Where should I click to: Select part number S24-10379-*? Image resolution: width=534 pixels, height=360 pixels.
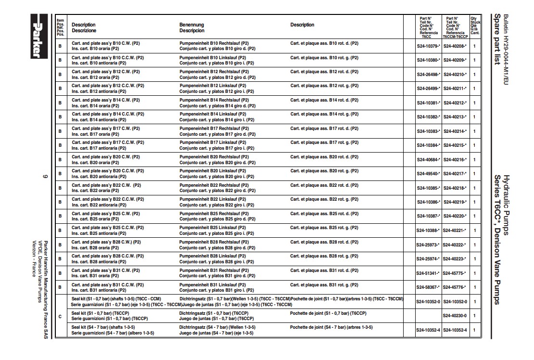[428, 46]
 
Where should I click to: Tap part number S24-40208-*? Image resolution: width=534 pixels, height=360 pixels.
[455, 46]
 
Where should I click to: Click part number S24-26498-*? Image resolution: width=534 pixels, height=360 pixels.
[428, 75]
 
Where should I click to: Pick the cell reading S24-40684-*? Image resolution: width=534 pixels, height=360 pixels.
[428, 159]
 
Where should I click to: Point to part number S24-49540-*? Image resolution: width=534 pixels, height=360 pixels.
[428, 174]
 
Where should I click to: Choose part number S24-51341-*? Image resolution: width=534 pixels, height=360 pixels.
[428, 273]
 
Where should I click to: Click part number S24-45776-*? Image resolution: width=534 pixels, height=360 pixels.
[455, 287]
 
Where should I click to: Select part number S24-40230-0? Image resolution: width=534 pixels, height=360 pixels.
[455, 316]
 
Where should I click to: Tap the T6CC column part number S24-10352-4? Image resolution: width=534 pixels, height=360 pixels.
[428, 330]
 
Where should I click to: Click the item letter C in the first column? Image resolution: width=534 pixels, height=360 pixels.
[60, 316]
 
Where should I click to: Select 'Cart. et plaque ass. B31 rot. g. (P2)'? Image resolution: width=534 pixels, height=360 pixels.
[324, 284]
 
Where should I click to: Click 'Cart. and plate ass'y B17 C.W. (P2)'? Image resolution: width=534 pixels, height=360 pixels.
[106, 129]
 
